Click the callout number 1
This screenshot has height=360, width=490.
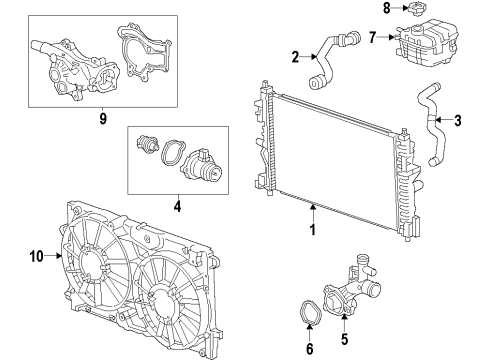pyautogui.click(x=313, y=229)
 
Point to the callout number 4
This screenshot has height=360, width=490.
pyautogui.click(x=178, y=210)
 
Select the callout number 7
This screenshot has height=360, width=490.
pyautogui.click(x=372, y=37)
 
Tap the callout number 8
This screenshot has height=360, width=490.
pyautogui.click(x=386, y=9)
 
